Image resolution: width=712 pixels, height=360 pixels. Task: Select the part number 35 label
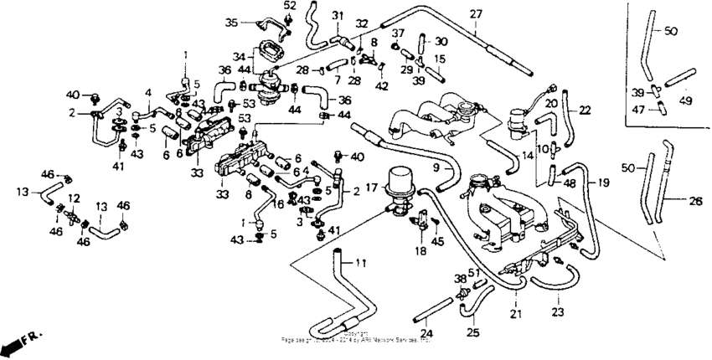tap(232, 22)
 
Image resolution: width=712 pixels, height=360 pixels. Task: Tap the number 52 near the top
tap(290, 5)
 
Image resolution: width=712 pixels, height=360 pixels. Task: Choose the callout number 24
tap(426, 332)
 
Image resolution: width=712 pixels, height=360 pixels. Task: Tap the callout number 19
tap(603, 183)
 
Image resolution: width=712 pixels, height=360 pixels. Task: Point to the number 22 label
tap(585, 110)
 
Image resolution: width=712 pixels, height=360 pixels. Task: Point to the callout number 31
tap(338, 15)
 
